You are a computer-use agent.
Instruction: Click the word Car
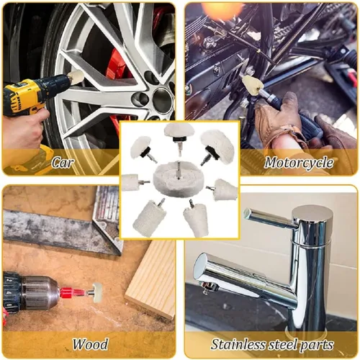(63, 163)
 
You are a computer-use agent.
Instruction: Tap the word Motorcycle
(299, 163)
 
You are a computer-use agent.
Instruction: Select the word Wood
(90, 344)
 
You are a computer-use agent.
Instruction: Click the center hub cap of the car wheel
(163, 99)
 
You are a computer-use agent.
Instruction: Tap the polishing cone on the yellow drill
(76, 76)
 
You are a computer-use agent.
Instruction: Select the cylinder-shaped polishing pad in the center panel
(146, 218)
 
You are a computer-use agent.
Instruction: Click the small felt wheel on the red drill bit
(97, 292)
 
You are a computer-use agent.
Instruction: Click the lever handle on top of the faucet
(269, 218)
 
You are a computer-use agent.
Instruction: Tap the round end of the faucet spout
(201, 266)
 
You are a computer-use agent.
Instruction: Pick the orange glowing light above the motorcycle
(217, 10)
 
